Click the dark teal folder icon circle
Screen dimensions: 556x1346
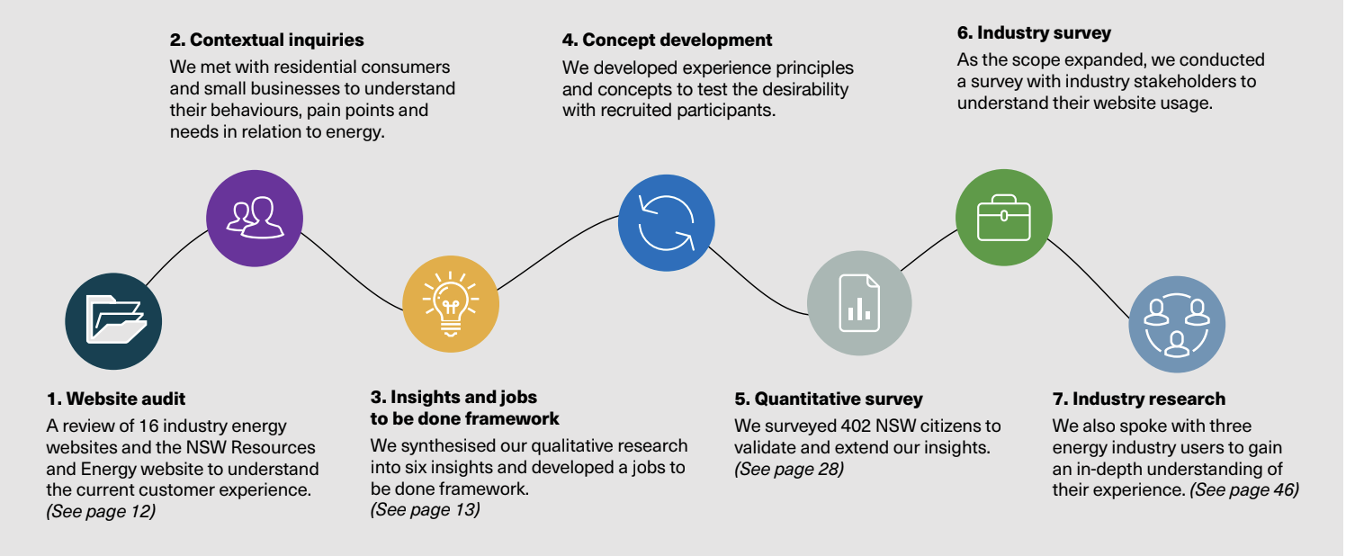(x=113, y=321)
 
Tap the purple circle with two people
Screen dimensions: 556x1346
(x=254, y=217)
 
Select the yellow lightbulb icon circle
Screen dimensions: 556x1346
(x=451, y=303)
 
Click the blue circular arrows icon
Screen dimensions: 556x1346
(x=666, y=221)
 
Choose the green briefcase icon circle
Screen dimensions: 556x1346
(x=1003, y=217)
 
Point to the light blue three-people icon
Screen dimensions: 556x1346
(x=1176, y=324)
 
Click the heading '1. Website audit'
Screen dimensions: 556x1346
(x=116, y=399)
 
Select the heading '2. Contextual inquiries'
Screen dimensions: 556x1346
(x=266, y=40)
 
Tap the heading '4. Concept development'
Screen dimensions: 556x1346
(x=667, y=40)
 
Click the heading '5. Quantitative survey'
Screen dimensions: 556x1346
(x=828, y=399)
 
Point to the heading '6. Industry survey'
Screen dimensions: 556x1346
(x=1034, y=33)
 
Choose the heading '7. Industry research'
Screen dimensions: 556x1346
(x=1139, y=399)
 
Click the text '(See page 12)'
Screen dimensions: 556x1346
(x=101, y=511)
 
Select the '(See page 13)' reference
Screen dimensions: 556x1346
(x=425, y=509)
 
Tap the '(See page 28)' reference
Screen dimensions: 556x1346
(x=789, y=468)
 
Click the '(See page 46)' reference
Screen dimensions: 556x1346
(x=1244, y=489)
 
